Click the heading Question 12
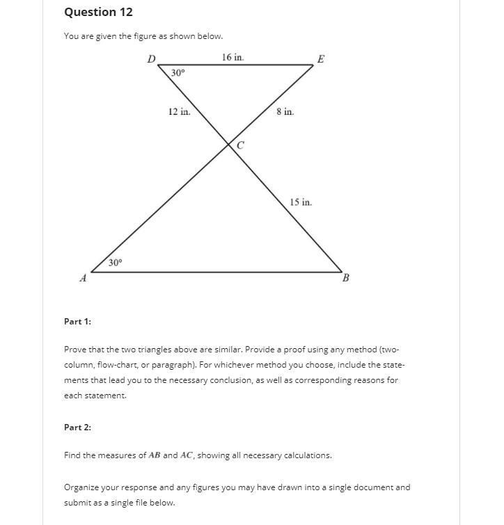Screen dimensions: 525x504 [x=98, y=13]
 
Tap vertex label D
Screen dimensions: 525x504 [x=151, y=59]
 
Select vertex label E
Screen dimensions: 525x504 [x=320, y=59]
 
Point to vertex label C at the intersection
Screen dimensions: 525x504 [x=240, y=146]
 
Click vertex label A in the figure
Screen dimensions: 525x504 [x=83, y=279]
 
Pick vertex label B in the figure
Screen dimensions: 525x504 [x=346, y=279]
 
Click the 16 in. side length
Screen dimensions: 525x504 [x=233, y=57]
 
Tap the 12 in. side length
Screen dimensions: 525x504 [x=179, y=111]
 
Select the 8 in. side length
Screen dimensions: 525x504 [x=285, y=111]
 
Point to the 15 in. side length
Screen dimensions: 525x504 [x=301, y=202]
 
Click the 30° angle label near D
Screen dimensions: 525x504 [x=178, y=72]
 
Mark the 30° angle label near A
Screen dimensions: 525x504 [x=115, y=262]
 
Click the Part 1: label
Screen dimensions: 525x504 [x=77, y=321]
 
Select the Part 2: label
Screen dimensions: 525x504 [x=77, y=427]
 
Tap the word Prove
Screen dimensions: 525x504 [x=76, y=350]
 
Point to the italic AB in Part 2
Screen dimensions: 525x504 [x=153, y=455]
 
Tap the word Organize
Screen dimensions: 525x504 [x=82, y=487]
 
